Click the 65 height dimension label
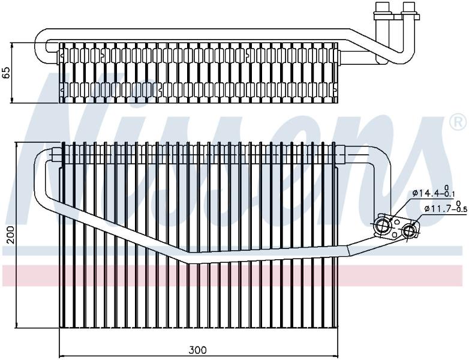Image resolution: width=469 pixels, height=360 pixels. click(x=7, y=73)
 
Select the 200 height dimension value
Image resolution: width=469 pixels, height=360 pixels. click(x=11, y=235)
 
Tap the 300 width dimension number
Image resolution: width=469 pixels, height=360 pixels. click(x=198, y=350)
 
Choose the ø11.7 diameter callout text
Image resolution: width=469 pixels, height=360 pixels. click(x=438, y=208)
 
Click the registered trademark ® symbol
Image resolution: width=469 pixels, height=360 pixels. click(x=458, y=123)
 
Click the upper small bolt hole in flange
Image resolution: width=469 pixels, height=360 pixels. click(x=397, y=222)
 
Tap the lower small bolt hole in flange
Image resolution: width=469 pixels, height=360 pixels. click(x=395, y=235)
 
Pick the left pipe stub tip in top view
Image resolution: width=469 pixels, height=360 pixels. click(x=381, y=7)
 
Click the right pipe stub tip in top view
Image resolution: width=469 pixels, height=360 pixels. click(x=407, y=7)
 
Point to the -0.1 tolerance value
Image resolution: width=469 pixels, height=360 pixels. click(x=449, y=194)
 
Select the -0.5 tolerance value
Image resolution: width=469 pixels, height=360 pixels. click(x=461, y=209)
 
